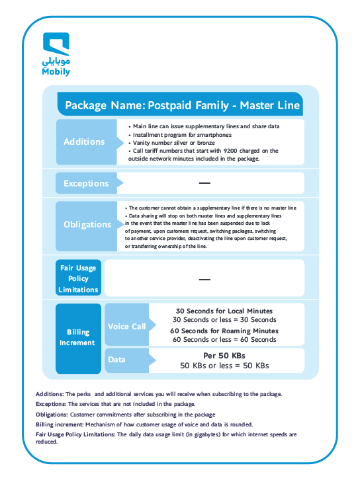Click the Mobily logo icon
(x=56, y=44)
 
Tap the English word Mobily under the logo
(x=56, y=71)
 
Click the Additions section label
(x=84, y=141)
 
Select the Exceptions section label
(x=86, y=183)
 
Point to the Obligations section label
(x=87, y=224)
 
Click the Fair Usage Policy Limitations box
(x=79, y=278)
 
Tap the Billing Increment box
(x=79, y=339)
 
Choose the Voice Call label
(x=127, y=327)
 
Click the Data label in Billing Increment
(x=116, y=360)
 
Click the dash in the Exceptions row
(x=204, y=183)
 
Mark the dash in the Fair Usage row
(x=204, y=279)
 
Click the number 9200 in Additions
(x=230, y=151)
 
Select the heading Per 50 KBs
(x=224, y=356)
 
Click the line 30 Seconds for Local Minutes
(x=224, y=311)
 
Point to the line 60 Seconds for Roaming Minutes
(x=224, y=331)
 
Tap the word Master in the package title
(x=257, y=105)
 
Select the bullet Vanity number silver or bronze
(x=174, y=143)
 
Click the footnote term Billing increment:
(x=60, y=424)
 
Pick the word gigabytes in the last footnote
(x=207, y=434)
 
